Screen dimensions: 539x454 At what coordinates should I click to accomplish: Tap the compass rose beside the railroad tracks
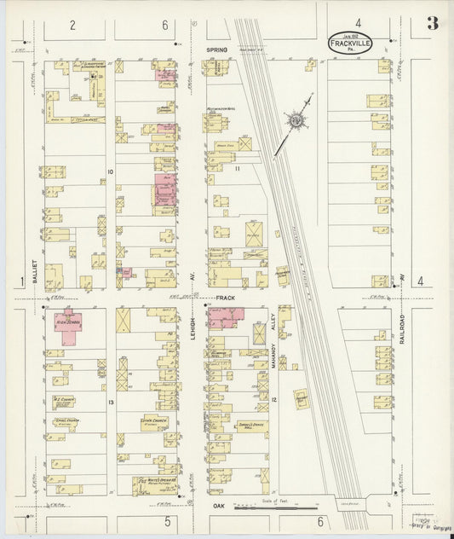point(297,122)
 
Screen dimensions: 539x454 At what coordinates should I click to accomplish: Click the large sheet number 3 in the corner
point(433,23)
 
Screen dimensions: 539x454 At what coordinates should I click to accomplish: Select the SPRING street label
point(217,50)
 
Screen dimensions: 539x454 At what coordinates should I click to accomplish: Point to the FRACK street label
point(224,298)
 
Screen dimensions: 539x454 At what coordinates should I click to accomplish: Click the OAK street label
point(216,506)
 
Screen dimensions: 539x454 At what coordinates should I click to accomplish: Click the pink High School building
point(69,327)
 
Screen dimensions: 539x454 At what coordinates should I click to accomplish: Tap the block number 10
point(110,171)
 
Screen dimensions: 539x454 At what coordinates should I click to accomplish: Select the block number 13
point(111,400)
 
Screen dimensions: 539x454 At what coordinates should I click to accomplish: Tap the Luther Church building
point(153,420)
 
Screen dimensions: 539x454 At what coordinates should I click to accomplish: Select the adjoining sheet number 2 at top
point(73,24)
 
